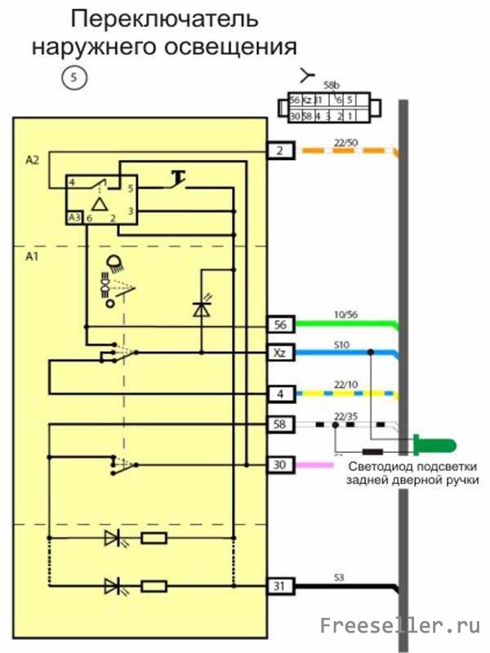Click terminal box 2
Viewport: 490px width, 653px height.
pos(280,150)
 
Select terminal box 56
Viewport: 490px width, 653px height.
pos(280,325)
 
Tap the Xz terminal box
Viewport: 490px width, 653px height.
pos(280,353)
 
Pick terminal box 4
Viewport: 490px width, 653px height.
pos(280,394)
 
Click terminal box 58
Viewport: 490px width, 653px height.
pos(280,424)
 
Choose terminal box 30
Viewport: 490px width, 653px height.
pos(280,464)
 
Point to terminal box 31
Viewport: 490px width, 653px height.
pos(280,586)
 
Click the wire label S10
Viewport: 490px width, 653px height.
pos(343,345)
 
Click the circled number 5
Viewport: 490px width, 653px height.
pos(74,78)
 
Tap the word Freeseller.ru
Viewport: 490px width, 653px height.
pos(399,626)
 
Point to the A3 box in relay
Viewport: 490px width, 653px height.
pos(74,217)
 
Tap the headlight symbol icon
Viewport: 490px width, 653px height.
pos(114,264)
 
